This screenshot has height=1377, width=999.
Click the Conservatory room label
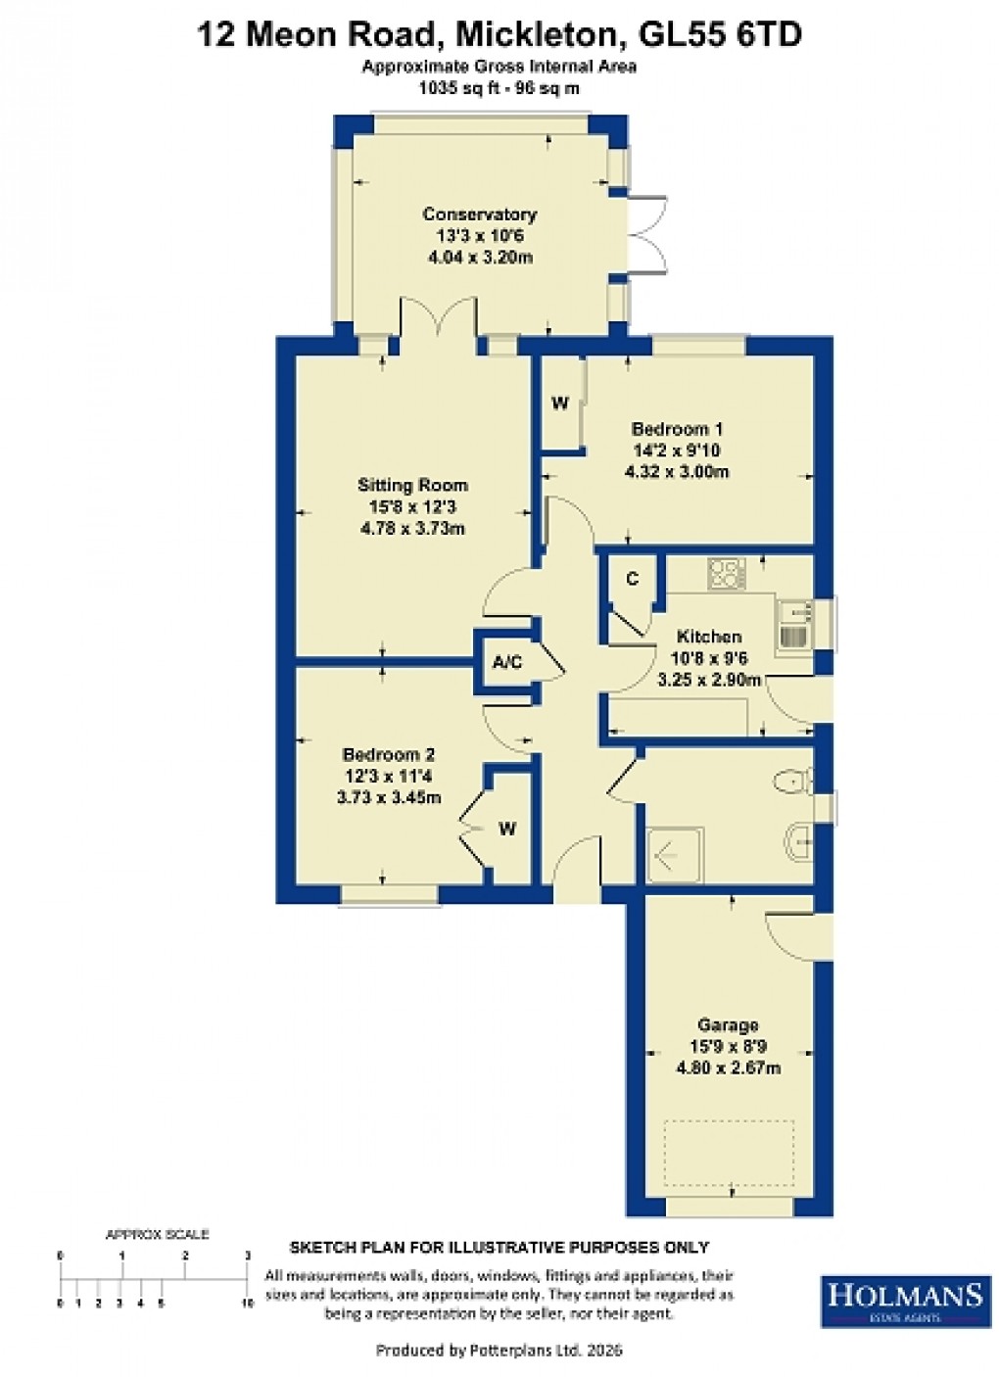click(479, 214)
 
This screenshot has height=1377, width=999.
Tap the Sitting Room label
click(412, 485)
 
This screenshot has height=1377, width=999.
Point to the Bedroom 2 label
click(388, 755)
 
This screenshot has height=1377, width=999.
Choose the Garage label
click(728, 1025)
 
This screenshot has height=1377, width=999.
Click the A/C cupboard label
click(507, 663)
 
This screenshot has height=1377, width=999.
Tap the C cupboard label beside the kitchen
click(632, 580)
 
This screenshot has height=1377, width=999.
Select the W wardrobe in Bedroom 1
click(560, 404)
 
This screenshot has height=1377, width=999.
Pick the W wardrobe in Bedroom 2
click(507, 830)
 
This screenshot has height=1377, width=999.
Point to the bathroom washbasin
click(797, 838)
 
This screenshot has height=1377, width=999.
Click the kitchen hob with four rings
click(727, 573)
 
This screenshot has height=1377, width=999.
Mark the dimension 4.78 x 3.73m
click(412, 529)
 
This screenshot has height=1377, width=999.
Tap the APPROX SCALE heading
click(157, 1234)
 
